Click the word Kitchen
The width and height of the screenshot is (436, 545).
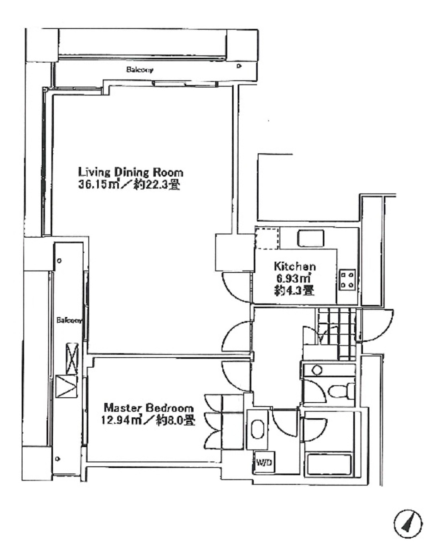[x=294, y=266]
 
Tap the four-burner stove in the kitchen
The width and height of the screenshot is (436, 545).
[x=347, y=280]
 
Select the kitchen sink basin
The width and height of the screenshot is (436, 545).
[x=311, y=238]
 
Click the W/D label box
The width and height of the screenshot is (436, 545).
[x=263, y=463]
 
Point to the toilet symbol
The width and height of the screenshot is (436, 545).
[x=339, y=391]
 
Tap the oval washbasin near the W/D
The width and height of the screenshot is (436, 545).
[x=257, y=429]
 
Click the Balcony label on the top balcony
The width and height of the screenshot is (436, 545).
[x=140, y=70]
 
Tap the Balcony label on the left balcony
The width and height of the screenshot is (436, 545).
[x=69, y=320]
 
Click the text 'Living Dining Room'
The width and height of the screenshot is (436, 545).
[x=131, y=172]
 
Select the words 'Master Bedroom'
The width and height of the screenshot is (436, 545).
[x=149, y=407]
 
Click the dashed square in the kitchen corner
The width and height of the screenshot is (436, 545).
[x=266, y=238]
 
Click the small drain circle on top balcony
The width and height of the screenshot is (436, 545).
[x=239, y=66]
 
